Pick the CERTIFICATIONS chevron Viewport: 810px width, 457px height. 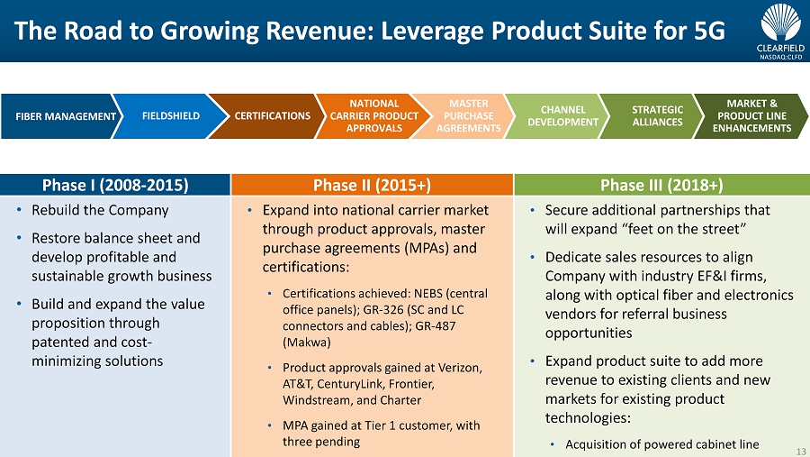coord(269,116)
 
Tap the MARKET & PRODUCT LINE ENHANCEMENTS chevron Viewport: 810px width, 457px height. coord(751,116)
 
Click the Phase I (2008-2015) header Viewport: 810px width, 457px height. coord(115,185)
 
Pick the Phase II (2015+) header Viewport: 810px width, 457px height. coord(372,185)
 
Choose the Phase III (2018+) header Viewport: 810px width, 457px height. coord(661,185)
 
